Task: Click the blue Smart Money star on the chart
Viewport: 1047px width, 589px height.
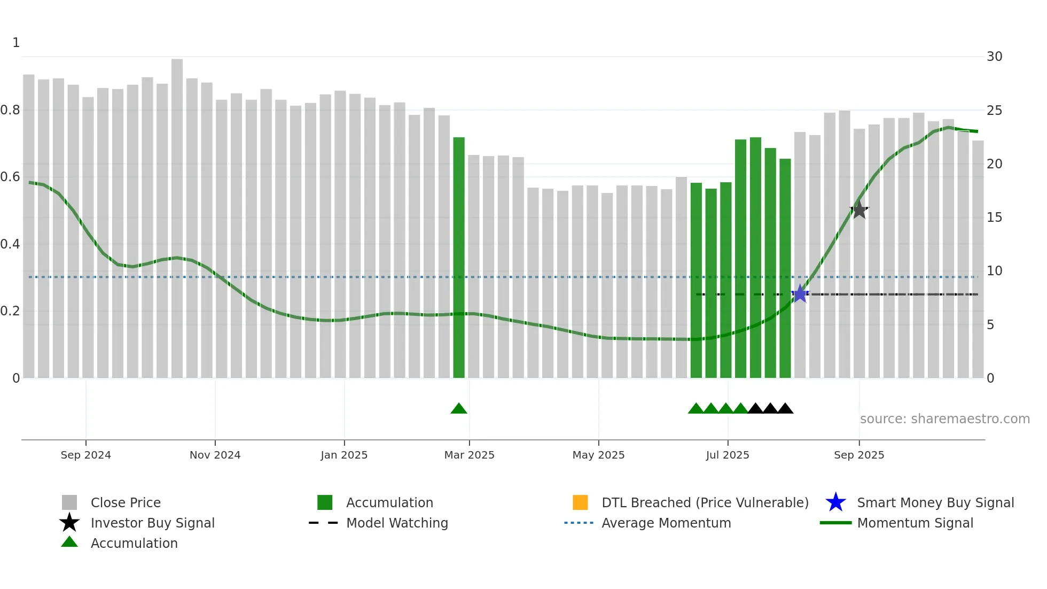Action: click(x=800, y=294)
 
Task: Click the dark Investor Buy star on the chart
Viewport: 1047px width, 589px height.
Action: click(x=859, y=210)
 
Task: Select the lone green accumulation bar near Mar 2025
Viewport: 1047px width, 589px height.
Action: click(x=459, y=257)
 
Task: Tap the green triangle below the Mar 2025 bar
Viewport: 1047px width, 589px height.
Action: click(x=459, y=409)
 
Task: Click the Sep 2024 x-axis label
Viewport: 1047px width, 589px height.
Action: click(x=85, y=455)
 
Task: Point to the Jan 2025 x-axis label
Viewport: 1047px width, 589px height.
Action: click(x=344, y=455)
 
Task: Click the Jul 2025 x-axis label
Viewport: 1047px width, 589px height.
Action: click(x=727, y=455)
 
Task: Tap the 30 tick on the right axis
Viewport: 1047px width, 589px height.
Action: click(x=994, y=57)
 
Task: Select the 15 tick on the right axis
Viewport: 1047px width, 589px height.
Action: click(x=994, y=218)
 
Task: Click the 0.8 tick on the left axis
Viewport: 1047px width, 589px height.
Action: click(x=11, y=110)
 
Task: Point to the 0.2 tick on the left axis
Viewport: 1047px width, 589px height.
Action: click(x=11, y=311)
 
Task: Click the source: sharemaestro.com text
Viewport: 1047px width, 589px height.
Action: click(x=944, y=419)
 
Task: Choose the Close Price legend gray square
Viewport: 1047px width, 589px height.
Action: click(x=69, y=502)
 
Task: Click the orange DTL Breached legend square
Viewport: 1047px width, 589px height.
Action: click(x=580, y=502)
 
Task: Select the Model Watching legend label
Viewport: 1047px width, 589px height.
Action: click(x=397, y=523)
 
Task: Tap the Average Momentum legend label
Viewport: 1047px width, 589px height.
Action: click(x=666, y=523)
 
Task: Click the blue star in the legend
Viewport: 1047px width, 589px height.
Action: click(x=835, y=502)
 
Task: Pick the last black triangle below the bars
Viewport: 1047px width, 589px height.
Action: click(x=785, y=409)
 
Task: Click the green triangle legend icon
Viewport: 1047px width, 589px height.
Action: click(x=69, y=542)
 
